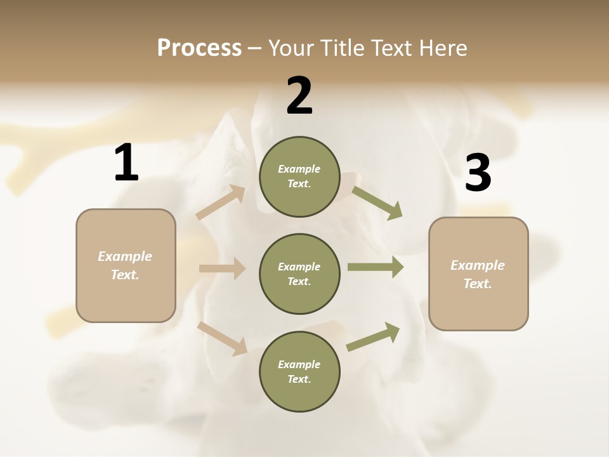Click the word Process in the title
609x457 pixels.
click(x=199, y=48)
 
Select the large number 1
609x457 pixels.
click(x=126, y=163)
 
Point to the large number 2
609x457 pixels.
click(x=299, y=96)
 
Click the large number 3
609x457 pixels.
click(x=478, y=173)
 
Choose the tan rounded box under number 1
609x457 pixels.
click(x=126, y=265)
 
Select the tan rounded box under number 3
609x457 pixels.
click(x=478, y=274)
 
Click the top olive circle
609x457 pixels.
click(x=299, y=176)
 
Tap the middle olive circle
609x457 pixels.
click(x=299, y=274)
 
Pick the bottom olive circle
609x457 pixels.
click(x=299, y=371)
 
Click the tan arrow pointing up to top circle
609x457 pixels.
click(x=221, y=202)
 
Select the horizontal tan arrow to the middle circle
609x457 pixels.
click(x=222, y=268)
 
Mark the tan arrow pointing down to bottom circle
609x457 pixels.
click(x=222, y=338)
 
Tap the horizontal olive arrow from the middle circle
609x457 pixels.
click(x=375, y=267)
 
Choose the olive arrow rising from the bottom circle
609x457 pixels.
click(x=373, y=337)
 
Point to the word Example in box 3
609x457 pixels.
click(x=477, y=265)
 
